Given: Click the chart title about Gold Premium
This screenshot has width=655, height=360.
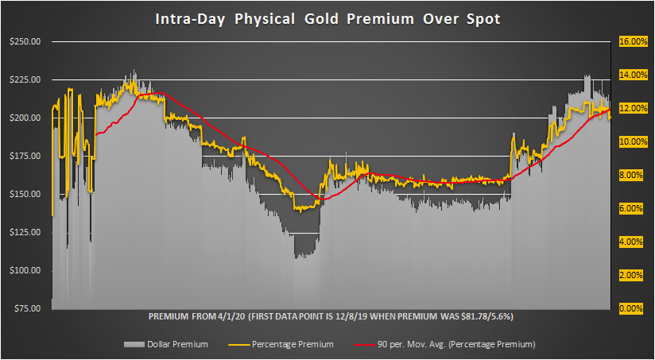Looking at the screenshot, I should coord(327,18).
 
